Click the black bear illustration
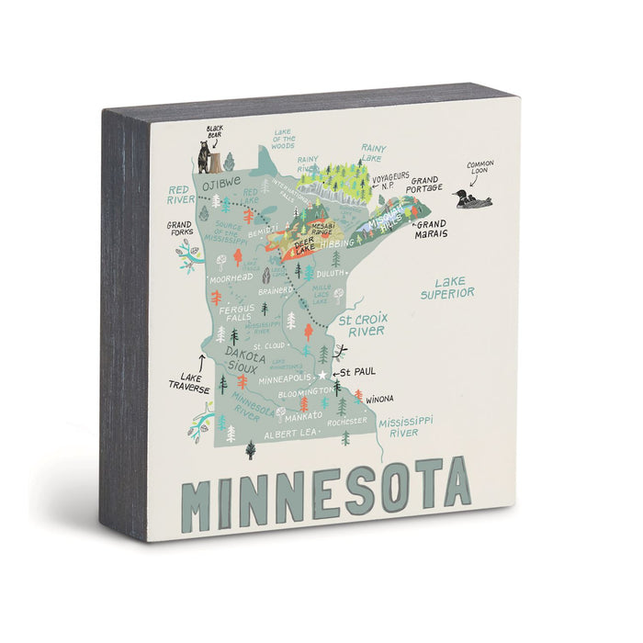(206, 158)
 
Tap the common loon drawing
(472, 199)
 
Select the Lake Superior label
(447, 288)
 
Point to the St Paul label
(358, 373)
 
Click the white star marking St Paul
(322, 375)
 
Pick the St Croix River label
(361, 324)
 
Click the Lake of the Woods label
(283, 139)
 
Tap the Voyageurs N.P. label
(388, 184)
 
